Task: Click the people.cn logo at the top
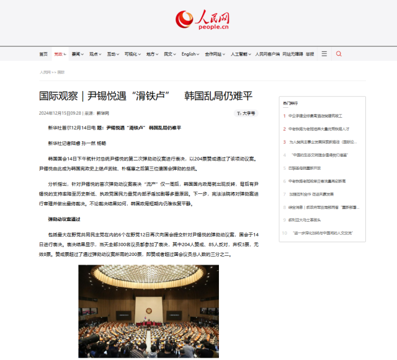(198, 20)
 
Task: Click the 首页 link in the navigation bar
(43, 54)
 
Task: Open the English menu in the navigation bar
(189, 54)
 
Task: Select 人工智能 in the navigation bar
(239, 54)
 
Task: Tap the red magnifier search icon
(339, 54)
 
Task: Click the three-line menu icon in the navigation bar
(324, 54)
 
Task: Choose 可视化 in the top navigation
(131, 54)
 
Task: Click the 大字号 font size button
(246, 113)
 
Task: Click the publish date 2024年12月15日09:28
(60, 113)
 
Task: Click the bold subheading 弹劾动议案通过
(64, 219)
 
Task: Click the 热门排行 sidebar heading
(290, 103)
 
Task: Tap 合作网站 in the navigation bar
(215, 54)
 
